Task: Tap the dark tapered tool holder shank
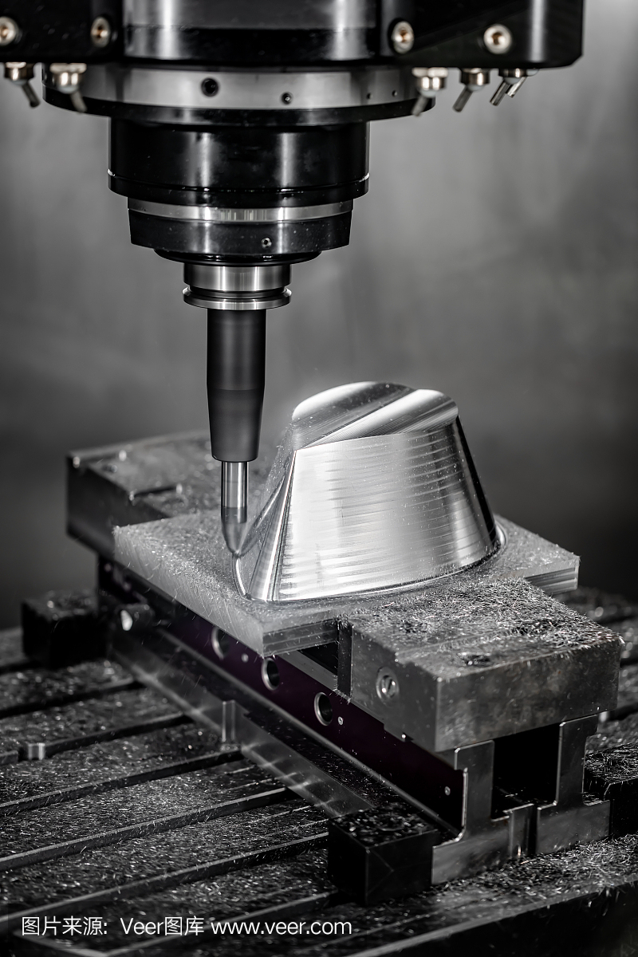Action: click(236, 384)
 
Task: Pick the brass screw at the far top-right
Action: click(498, 37)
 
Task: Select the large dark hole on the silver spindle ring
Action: click(210, 87)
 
